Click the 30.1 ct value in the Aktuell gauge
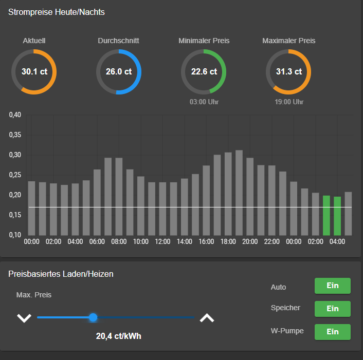point(34,72)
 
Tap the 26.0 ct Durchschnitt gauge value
point(119,72)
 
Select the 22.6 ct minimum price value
point(204,72)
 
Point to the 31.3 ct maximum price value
point(288,72)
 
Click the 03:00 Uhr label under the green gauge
point(204,102)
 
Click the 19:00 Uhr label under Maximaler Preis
point(289,102)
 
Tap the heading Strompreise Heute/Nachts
point(57,12)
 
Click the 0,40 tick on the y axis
point(15,115)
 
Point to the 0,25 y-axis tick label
point(15,175)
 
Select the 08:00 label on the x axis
point(119,241)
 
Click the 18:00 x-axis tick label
point(228,241)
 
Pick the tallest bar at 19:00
point(239,193)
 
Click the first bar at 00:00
point(31,208)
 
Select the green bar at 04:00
point(337,216)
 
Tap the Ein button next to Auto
point(332,286)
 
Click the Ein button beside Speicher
point(332,309)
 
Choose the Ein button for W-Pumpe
point(332,332)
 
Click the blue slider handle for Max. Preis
point(93,317)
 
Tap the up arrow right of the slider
point(207,318)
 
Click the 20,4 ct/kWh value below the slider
point(119,336)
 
